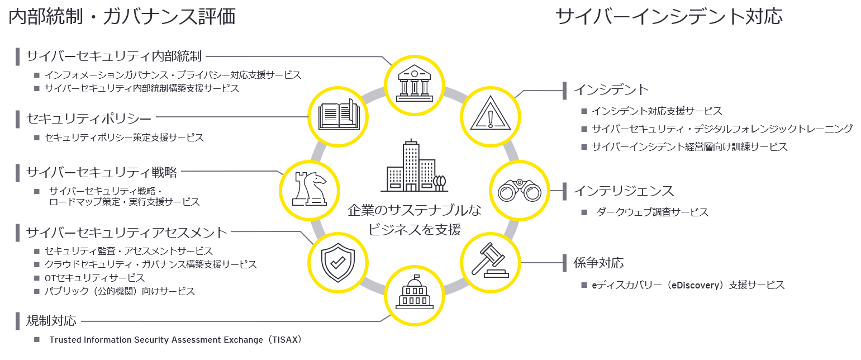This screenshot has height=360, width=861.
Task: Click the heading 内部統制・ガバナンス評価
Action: (122, 17)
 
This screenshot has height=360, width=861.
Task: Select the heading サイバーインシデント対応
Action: (669, 17)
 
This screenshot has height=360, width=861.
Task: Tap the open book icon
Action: (338, 116)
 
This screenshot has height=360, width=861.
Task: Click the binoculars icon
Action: (519, 190)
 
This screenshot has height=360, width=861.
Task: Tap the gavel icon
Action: (489, 262)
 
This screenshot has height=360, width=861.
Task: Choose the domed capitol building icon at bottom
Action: (415, 295)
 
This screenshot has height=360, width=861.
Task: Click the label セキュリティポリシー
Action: (89, 119)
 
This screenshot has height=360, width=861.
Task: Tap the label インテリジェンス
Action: (624, 191)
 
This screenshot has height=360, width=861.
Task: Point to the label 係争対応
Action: (598, 262)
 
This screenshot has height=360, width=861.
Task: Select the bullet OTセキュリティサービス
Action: (94, 278)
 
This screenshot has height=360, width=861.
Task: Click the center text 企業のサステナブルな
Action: (414, 210)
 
